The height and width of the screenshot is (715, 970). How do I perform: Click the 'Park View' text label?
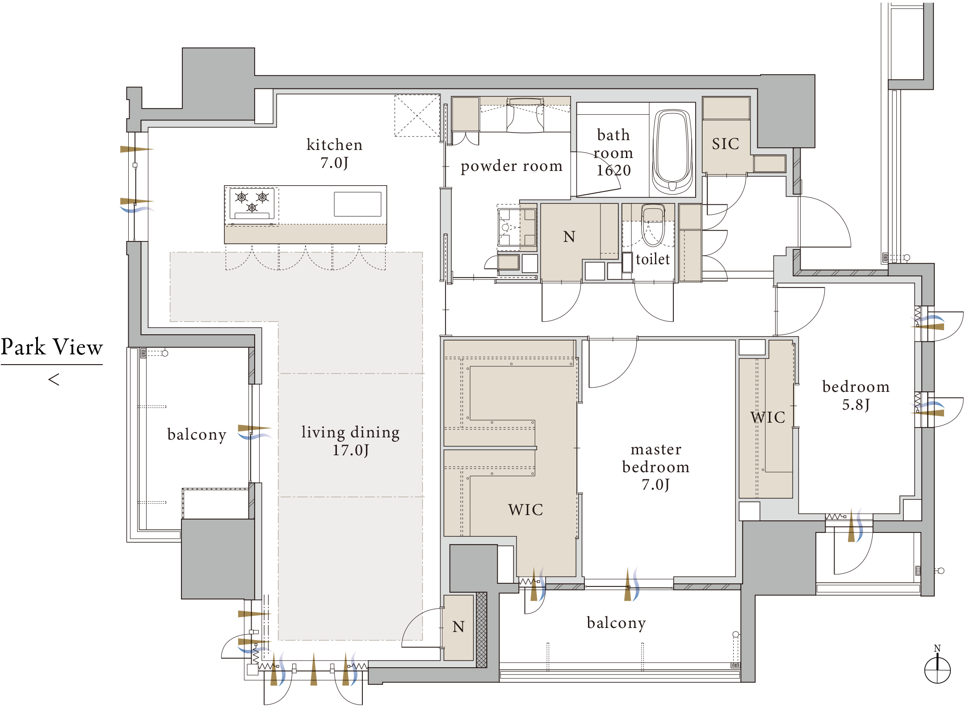52,347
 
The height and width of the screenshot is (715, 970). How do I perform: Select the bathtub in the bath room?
672,151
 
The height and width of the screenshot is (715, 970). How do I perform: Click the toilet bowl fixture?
653,225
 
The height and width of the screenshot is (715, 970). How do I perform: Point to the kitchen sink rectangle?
357,204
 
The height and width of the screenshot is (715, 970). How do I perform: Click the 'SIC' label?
726,144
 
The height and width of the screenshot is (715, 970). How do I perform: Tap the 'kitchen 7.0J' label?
335,154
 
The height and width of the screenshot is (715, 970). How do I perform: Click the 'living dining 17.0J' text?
351,441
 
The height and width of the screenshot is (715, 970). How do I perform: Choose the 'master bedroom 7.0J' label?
656,466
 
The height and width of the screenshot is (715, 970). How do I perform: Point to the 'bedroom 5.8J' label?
856,395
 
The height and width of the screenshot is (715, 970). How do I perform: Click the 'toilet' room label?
653,259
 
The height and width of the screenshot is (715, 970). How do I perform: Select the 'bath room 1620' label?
613,152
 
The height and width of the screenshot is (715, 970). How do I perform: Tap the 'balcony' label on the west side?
197,434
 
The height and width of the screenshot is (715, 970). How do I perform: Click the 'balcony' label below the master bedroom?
617,623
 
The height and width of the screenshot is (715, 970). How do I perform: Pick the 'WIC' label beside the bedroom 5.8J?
768,417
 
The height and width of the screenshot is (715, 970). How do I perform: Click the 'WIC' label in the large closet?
525,510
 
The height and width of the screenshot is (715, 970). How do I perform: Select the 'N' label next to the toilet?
569,237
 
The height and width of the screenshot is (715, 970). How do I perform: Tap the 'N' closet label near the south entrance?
458,627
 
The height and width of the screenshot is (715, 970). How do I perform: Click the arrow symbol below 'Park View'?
54,380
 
